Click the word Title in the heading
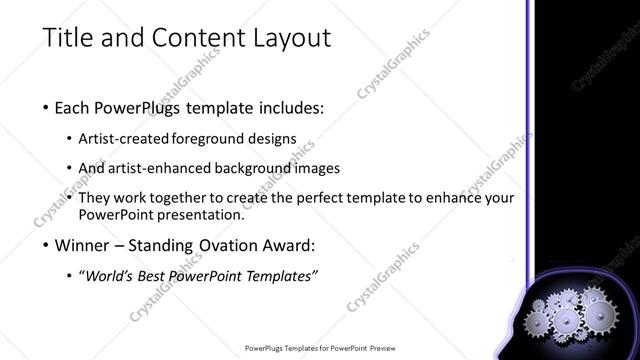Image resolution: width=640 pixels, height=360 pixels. click(67, 39)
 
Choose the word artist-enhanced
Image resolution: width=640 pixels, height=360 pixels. click(162, 168)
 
